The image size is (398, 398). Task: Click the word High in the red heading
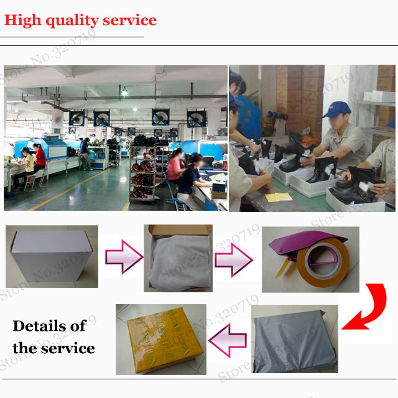[23, 21]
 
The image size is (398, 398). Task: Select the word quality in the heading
[72, 21]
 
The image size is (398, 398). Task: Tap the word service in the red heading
[130, 21]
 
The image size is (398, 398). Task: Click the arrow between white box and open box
[124, 257]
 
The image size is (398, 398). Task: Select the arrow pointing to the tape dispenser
[234, 260]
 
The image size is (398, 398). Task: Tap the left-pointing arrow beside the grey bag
[228, 340]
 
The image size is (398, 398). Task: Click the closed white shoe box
[52, 256]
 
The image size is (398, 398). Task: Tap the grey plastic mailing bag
[295, 341]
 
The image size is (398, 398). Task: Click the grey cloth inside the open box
[180, 263]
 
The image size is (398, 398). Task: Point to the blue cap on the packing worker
[336, 109]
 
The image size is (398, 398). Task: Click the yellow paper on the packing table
[278, 197]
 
